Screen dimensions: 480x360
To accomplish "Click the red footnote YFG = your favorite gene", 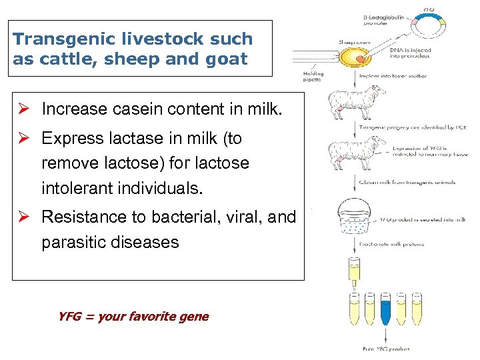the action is pyautogui.click(x=133, y=317).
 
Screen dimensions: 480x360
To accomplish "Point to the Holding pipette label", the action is pyautogui.click(x=313, y=77).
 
